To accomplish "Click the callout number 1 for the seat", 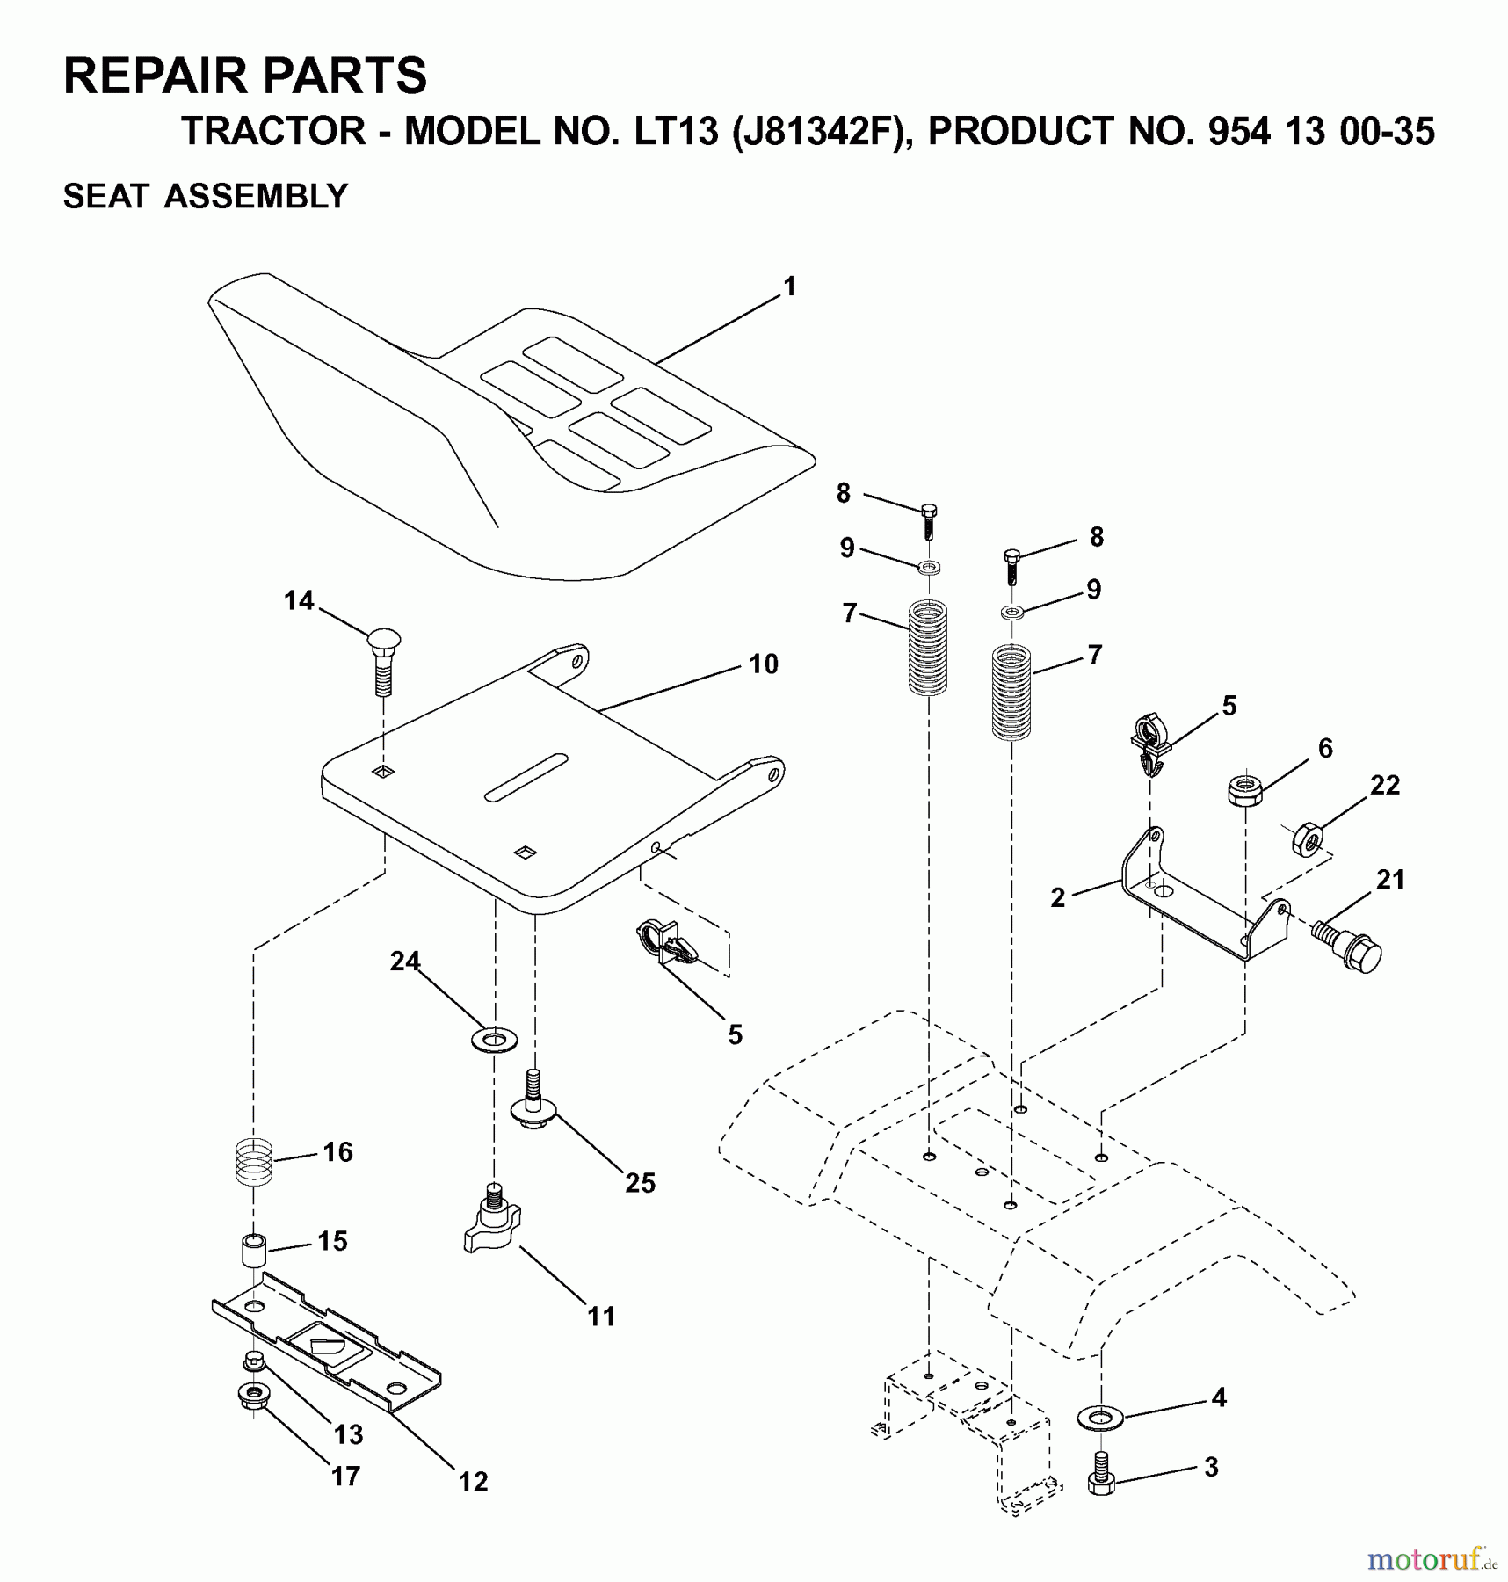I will (x=789, y=287).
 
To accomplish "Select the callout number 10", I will (x=764, y=664).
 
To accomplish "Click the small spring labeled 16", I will (x=255, y=1161).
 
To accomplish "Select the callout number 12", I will (x=473, y=1481).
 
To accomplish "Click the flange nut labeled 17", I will (x=255, y=1396).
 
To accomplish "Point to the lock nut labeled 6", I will (x=1244, y=787).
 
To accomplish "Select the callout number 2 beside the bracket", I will (x=1058, y=897).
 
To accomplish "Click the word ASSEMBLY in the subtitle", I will (x=257, y=196).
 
